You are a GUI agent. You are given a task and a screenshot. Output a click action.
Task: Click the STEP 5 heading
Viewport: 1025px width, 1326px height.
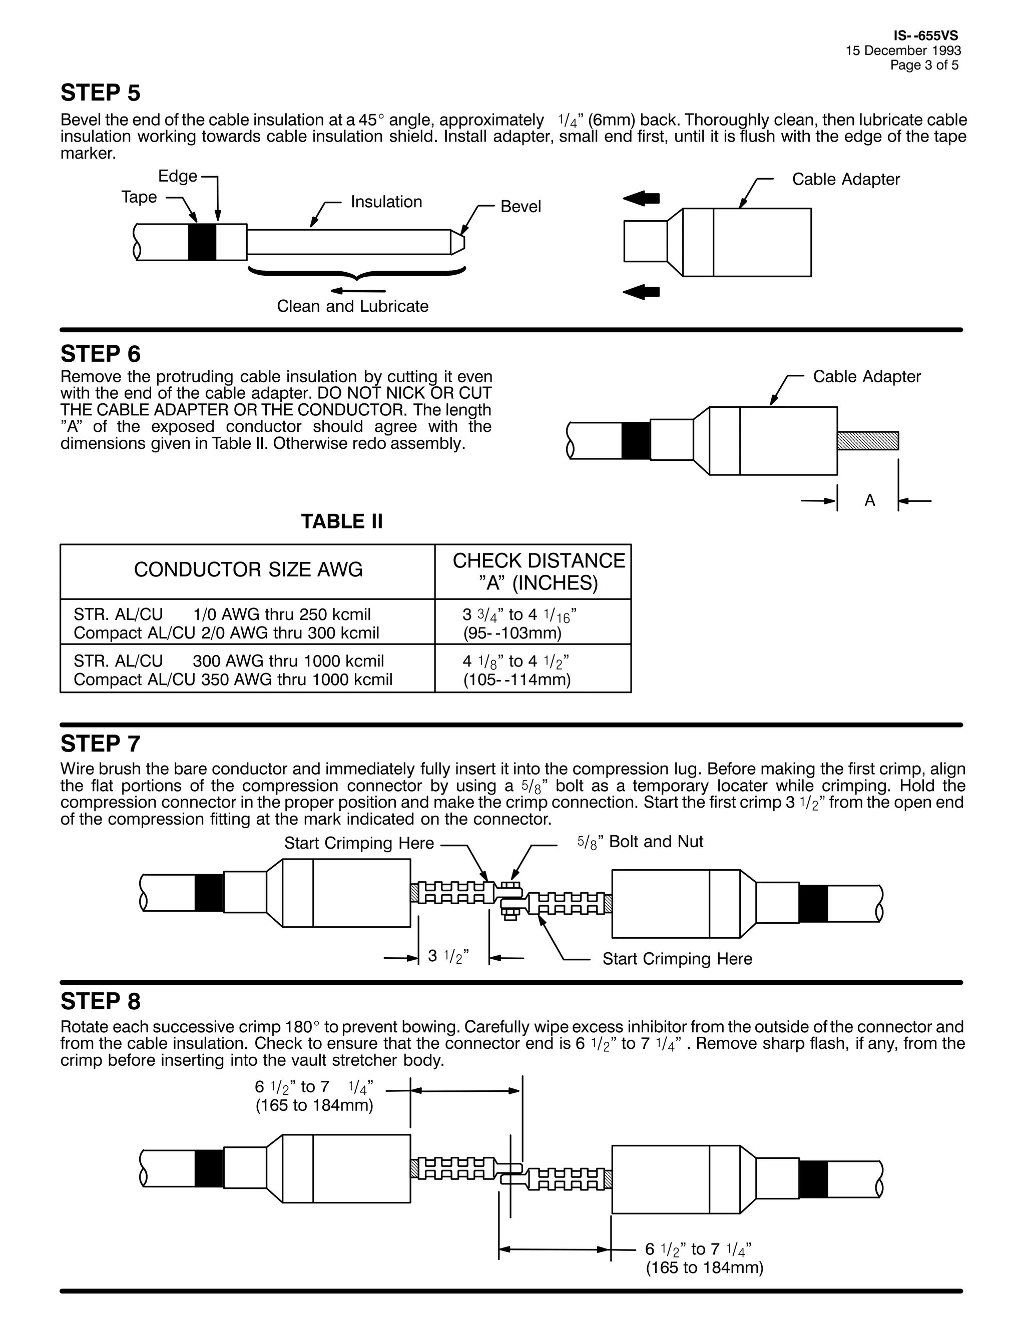coord(100,93)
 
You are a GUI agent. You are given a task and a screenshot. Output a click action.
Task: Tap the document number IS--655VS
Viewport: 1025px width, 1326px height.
coord(925,36)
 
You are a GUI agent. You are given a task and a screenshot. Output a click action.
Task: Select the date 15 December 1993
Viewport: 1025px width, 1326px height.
coord(903,51)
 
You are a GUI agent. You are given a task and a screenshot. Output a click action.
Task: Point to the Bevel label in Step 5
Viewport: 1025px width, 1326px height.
coord(521,207)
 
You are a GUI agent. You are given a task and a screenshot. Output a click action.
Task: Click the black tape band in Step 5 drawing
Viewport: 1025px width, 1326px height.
coord(202,242)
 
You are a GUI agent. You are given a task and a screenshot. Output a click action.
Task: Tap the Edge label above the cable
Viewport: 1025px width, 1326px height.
coord(177,176)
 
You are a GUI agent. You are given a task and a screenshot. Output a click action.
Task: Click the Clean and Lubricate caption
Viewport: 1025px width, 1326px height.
coord(352,306)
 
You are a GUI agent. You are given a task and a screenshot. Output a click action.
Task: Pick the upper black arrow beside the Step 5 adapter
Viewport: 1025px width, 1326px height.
coord(641,198)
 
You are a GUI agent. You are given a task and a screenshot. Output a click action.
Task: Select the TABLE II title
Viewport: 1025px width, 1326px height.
coord(342,521)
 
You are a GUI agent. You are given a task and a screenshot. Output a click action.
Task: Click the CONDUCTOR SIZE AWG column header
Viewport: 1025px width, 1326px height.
coord(248,569)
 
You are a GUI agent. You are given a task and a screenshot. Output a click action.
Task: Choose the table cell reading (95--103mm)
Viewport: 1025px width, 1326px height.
coord(512,633)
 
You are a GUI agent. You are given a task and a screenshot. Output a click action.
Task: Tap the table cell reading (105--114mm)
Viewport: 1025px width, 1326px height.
coord(517,680)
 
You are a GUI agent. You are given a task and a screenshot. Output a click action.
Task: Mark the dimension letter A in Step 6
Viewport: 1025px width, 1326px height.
coord(869,500)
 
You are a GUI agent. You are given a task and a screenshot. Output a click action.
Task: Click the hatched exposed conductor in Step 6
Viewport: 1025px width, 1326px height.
coord(867,441)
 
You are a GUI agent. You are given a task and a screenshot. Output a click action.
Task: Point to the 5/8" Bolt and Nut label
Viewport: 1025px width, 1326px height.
coord(640,842)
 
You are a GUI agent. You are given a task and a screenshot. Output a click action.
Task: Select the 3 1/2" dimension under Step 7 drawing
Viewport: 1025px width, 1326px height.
coord(448,956)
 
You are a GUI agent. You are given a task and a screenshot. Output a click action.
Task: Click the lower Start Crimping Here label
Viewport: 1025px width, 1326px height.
coord(677,959)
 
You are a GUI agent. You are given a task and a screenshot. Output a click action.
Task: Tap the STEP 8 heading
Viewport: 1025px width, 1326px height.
coord(100,1001)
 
